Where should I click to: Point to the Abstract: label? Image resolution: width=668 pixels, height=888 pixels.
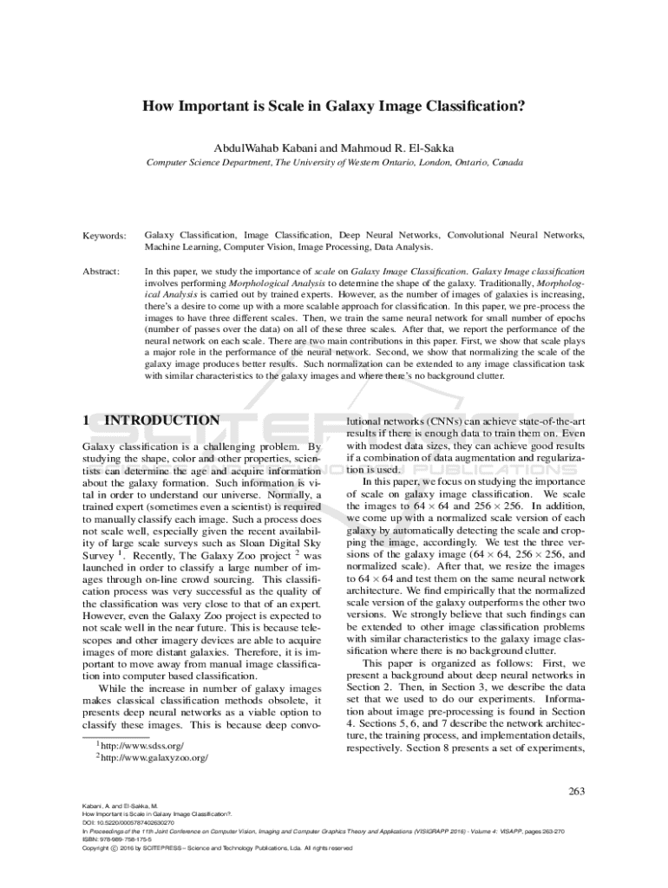coord(102,272)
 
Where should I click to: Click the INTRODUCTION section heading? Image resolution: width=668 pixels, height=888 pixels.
coord(161,421)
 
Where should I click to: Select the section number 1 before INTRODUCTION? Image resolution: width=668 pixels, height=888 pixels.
coord(86,421)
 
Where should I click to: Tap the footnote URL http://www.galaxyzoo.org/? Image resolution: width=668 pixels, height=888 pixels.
coord(154,758)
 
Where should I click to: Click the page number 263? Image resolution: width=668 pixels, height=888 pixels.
coord(577,790)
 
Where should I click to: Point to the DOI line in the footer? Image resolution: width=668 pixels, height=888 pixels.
coord(128,822)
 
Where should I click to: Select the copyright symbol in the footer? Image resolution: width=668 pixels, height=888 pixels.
coord(115,848)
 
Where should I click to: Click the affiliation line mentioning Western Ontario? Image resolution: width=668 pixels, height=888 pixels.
coord(334,162)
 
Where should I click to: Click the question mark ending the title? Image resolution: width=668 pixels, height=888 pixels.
coord(524,108)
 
